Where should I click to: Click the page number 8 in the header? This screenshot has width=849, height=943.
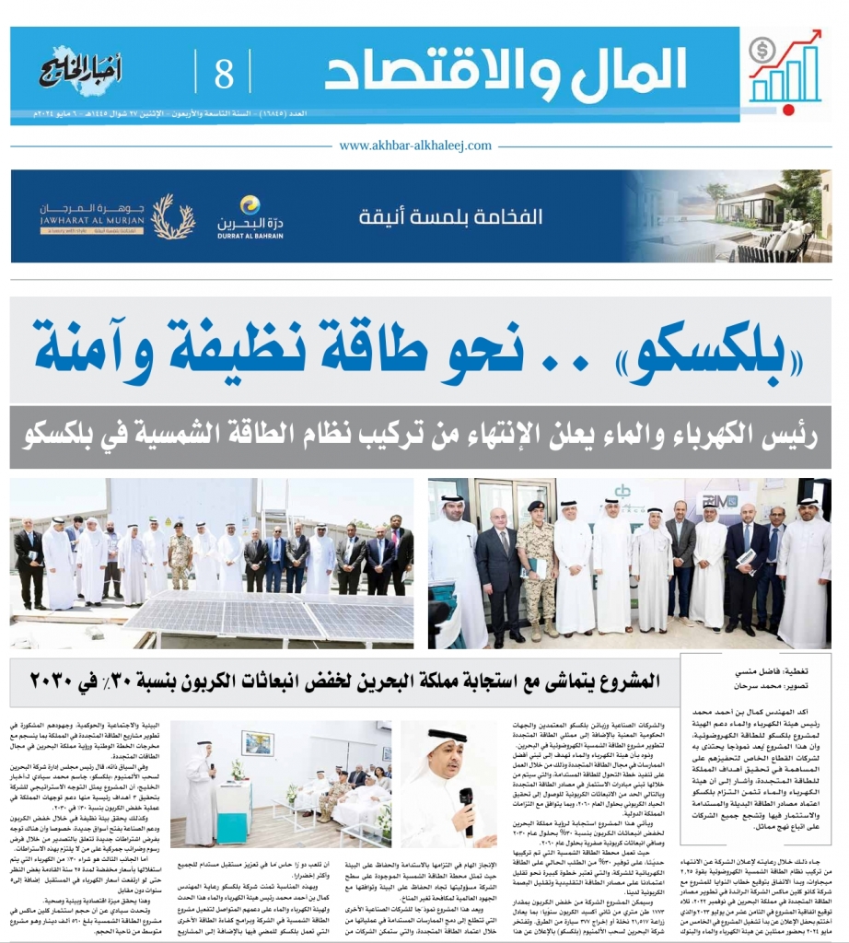coord(224,72)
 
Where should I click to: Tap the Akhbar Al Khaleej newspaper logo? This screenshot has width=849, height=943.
coord(81,70)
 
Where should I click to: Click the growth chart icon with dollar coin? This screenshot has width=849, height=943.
coord(784,67)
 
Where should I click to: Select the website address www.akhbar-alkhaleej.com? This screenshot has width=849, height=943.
coord(424,146)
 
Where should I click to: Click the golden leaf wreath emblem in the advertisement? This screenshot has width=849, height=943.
coord(172,216)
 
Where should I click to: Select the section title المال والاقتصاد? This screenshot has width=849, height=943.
coord(506,70)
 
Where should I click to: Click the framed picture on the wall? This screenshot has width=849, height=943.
coord(257,743)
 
